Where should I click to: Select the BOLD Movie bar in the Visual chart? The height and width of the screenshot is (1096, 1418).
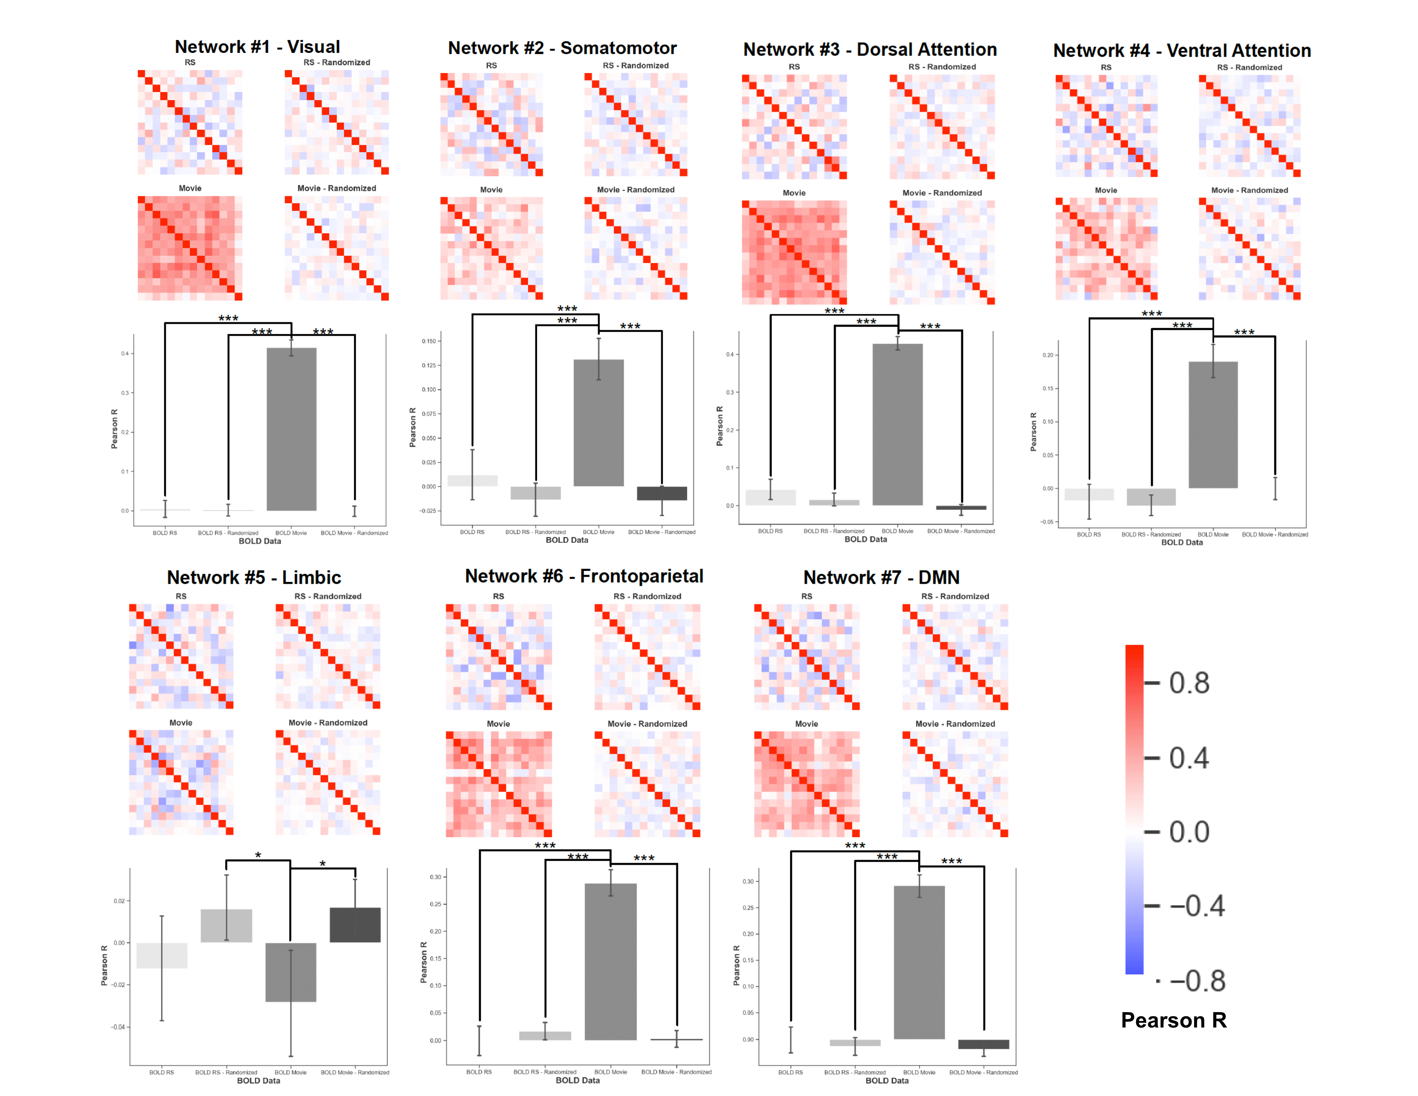291,429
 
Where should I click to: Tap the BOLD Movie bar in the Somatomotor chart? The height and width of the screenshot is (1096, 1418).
599,422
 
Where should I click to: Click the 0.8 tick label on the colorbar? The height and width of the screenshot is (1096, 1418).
1189,683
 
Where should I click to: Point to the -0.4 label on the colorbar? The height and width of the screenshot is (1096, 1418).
1197,906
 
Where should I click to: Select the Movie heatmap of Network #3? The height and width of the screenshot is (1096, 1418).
794,252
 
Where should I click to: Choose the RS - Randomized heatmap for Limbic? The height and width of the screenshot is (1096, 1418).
328,656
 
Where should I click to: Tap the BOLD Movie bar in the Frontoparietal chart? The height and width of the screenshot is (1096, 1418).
610,961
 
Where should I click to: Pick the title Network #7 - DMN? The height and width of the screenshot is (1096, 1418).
881,577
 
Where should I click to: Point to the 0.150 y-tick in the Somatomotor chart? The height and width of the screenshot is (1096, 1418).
429,341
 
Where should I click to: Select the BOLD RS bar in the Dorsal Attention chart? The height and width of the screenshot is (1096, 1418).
771,497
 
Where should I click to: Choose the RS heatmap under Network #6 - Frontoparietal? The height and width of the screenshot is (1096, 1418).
498,656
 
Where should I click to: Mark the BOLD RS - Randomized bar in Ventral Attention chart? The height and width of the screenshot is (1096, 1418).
1151,497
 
